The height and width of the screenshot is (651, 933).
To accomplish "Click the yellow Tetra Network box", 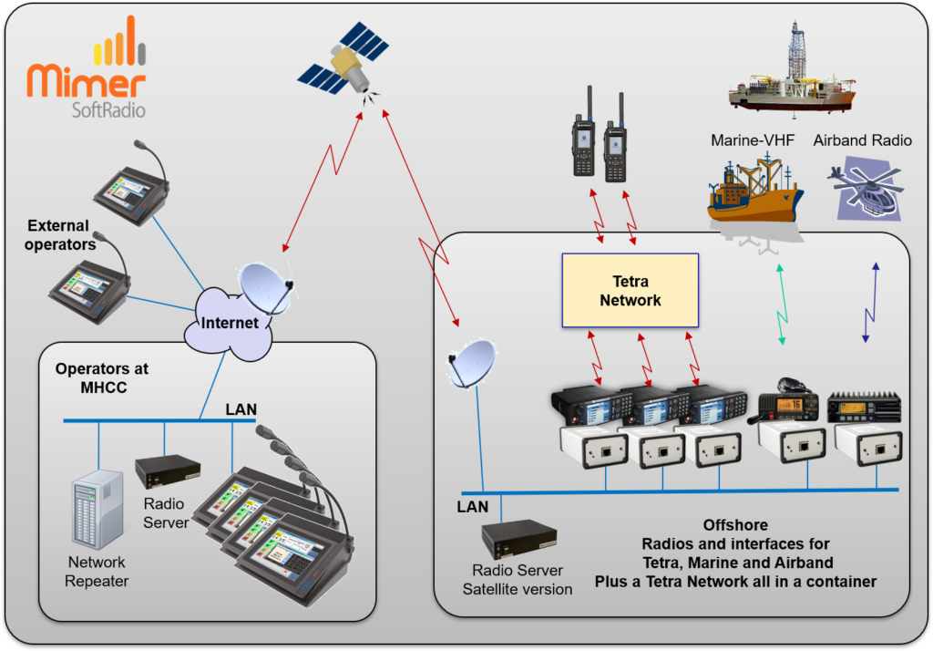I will tap(630, 290).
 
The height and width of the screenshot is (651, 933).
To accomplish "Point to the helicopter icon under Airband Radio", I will tap(866, 190).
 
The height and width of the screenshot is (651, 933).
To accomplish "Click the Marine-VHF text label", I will tap(754, 140).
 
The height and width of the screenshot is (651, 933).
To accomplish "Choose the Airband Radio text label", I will tap(862, 140).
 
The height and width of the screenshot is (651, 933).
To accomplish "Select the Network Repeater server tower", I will tap(96, 510).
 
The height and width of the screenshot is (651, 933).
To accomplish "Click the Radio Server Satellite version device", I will tap(519, 539).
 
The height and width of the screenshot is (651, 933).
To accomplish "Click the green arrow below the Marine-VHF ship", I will tap(780, 305).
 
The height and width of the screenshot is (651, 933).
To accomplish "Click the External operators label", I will tap(59, 234).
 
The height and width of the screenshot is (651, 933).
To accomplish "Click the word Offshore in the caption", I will tap(734, 526).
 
